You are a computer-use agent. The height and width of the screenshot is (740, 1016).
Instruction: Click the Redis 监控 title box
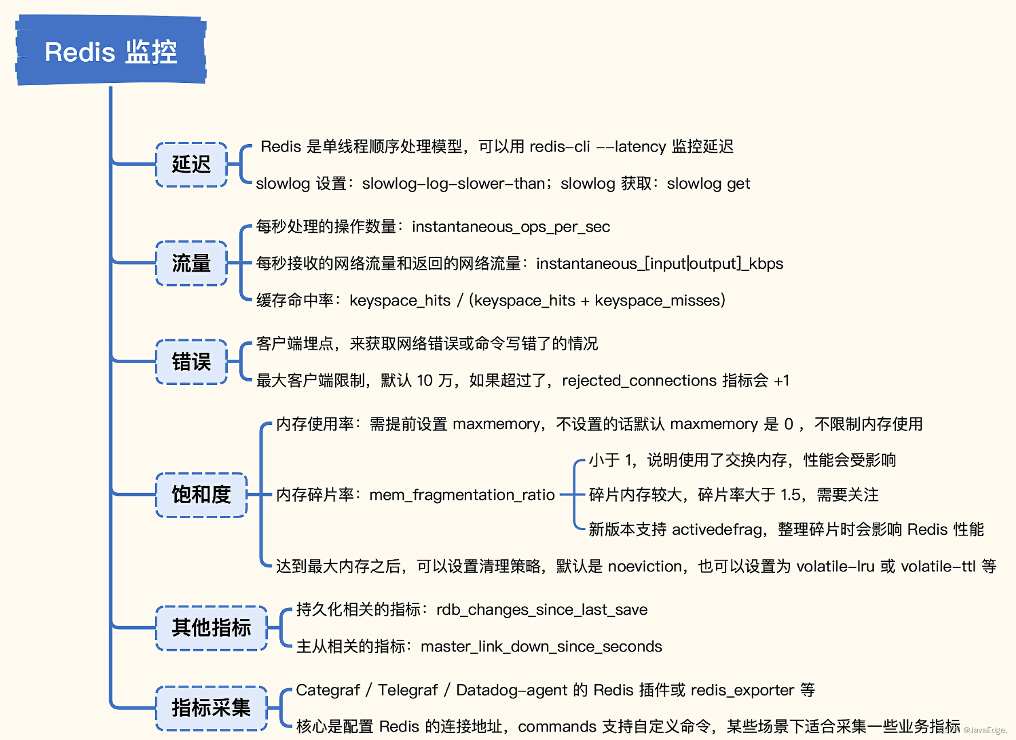[111, 51]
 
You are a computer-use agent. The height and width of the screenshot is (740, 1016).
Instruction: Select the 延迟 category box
[191, 165]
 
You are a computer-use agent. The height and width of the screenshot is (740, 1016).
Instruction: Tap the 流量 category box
[191, 263]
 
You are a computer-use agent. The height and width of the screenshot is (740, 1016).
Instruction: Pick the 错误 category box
[191, 362]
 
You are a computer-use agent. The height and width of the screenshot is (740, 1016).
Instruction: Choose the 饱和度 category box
[201, 495]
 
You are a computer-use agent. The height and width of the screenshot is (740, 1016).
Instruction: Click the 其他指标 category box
[211, 628]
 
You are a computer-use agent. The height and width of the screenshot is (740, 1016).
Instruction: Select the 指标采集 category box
[211, 708]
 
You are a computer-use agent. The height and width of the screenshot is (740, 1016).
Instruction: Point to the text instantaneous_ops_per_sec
[511, 227]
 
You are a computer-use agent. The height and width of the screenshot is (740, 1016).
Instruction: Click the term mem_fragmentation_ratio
[462, 495]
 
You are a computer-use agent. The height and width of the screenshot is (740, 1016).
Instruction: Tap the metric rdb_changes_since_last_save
[542, 610]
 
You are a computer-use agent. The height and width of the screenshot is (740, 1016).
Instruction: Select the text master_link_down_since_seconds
[541, 647]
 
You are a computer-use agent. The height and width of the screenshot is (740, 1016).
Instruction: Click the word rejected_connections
[640, 380]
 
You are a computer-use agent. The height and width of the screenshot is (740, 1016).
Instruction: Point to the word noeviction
[645, 566]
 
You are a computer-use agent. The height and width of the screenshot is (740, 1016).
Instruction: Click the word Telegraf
[408, 690]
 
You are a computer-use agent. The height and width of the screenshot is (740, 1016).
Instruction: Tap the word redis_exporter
[743, 690]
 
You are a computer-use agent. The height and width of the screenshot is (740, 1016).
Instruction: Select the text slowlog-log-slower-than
[454, 184]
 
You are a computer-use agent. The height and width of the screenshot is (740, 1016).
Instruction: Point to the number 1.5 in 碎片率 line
[791, 495]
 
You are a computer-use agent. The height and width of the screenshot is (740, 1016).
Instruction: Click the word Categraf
[328, 690]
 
